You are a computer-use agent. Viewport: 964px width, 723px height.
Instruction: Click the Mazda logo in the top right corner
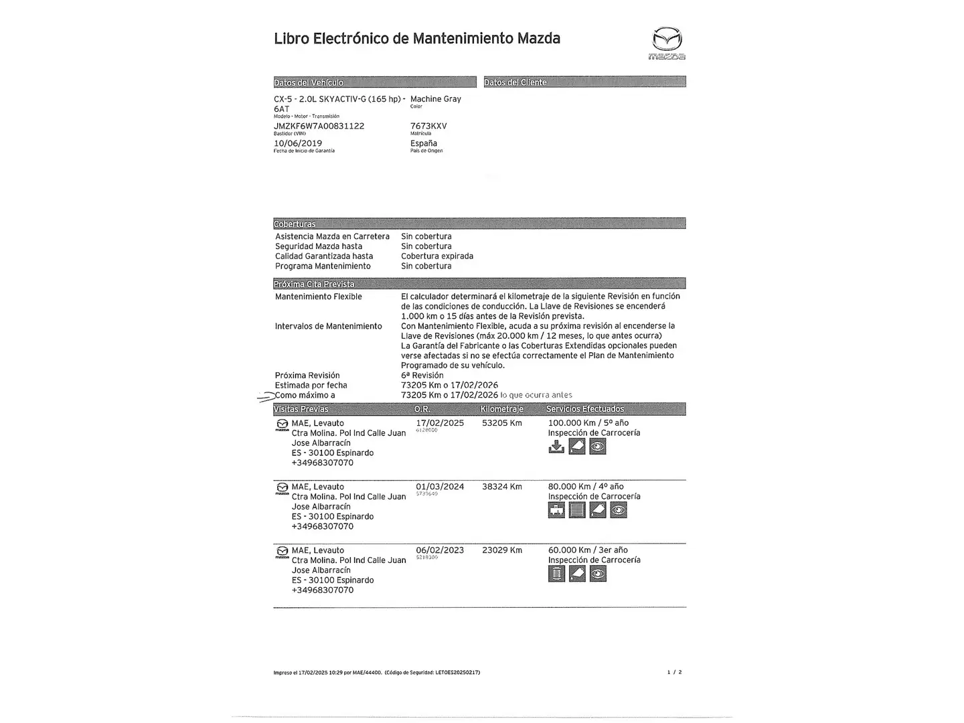[667, 43]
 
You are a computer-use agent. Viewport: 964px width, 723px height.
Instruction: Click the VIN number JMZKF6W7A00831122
[319, 126]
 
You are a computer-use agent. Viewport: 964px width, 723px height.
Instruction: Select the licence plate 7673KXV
[428, 126]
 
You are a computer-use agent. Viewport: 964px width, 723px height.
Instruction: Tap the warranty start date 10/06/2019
[298, 143]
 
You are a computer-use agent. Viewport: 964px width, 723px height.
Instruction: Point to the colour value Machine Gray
[436, 99]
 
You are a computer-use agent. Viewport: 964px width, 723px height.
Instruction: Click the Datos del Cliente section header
[515, 82]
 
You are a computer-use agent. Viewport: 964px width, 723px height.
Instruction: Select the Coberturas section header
[295, 224]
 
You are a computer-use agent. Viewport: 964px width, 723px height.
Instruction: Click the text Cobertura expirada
[437, 256]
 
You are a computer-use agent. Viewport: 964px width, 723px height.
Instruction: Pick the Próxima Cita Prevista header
[314, 284]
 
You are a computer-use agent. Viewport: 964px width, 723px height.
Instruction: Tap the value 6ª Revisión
[422, 376]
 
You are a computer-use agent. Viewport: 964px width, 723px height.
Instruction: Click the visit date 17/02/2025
[440, 423]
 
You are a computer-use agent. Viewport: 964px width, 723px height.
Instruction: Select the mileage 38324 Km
[502, 487]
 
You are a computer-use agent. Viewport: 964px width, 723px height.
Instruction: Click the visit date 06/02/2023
[440, 550]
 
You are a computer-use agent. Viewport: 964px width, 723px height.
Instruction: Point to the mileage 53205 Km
[502, 423]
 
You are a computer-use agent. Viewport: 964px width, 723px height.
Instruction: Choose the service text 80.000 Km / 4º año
[586, 487]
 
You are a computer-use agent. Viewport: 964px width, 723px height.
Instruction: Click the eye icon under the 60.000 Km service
[598, 574]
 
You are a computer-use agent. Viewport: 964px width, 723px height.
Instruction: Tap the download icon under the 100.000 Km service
[556, 447]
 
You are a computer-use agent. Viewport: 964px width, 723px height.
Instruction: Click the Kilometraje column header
[502, 409]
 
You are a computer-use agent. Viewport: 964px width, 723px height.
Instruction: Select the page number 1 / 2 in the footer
[674, 672]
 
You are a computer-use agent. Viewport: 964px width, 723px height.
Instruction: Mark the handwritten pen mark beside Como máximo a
[266, 397]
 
